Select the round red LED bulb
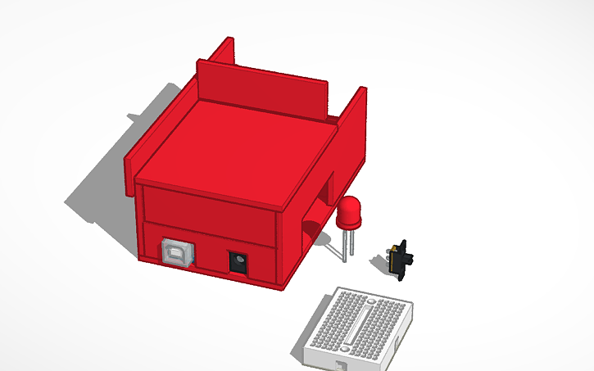coord(349,214)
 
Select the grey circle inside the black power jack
coord(238,264)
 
